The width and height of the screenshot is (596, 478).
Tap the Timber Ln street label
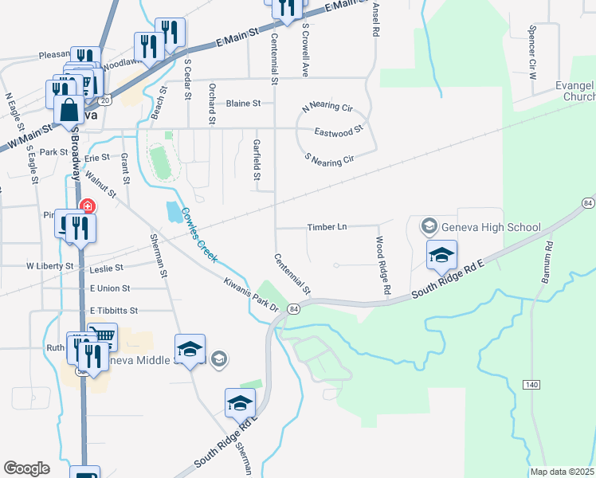[327, 227]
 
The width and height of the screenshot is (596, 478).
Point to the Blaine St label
[243, 104]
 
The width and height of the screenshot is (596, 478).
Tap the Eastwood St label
[339, 129]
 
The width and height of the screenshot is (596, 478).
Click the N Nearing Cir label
[327, 107]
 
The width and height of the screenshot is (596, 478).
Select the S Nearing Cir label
[329, 159]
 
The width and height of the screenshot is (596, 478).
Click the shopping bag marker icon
[69, 108]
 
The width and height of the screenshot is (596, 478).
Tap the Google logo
[26, 468]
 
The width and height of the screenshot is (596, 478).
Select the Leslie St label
[108, 268]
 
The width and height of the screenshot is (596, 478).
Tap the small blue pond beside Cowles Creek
[173, 212]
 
